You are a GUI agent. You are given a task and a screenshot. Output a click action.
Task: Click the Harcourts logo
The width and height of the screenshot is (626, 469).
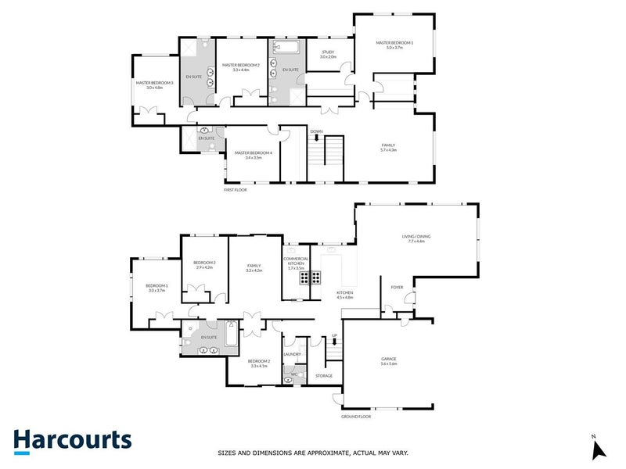click(71, 440)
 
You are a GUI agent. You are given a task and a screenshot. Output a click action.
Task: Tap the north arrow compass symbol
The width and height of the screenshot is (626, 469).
click(599, 449)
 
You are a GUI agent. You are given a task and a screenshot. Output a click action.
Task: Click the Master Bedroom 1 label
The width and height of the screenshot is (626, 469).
click(394, 44)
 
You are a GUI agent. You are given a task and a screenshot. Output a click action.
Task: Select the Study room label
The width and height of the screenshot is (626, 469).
click(328, 53)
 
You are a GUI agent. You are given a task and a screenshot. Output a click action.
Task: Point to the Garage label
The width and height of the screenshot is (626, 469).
click(389, 359)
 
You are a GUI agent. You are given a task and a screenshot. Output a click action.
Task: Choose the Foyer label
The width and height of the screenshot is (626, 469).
click(397, 287)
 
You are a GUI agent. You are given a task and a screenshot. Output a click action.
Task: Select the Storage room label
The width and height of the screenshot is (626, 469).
click(324, 376)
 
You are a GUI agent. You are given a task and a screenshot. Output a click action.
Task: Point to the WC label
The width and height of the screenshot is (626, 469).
click(294, 374)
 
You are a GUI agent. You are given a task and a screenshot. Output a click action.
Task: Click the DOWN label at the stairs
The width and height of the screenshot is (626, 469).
click(316, 131)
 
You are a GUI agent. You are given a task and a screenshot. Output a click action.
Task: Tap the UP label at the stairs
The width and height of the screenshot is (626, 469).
click(334, 335)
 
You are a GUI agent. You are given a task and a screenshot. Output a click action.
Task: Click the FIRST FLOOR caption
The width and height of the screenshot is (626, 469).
click(235, 189)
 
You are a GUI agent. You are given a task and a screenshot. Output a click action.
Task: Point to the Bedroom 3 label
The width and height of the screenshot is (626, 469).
click(156, 285)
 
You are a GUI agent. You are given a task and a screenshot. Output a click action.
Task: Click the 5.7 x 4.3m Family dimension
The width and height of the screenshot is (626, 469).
click(388, 149)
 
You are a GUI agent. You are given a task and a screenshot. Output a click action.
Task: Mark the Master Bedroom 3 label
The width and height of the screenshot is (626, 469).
click(154, 83)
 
